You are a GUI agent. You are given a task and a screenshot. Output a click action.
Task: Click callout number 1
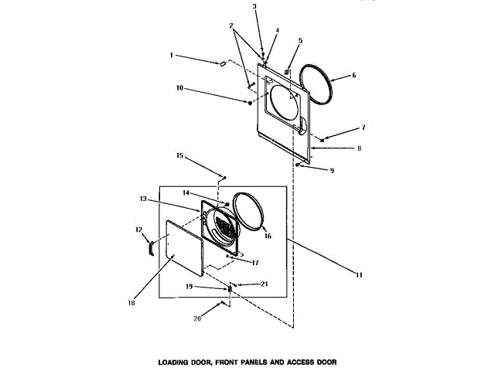[x=174, y=55]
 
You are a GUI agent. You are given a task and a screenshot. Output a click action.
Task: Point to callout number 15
[x=179, y=155]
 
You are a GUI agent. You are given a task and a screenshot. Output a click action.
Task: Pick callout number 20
[x=196, y=318]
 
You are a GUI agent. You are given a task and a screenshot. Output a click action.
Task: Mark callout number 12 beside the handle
[x=139, y=229]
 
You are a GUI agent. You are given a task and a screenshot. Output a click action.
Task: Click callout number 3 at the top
[x=254, y=6]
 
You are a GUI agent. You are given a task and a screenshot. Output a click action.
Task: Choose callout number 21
[x=264, y=284]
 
